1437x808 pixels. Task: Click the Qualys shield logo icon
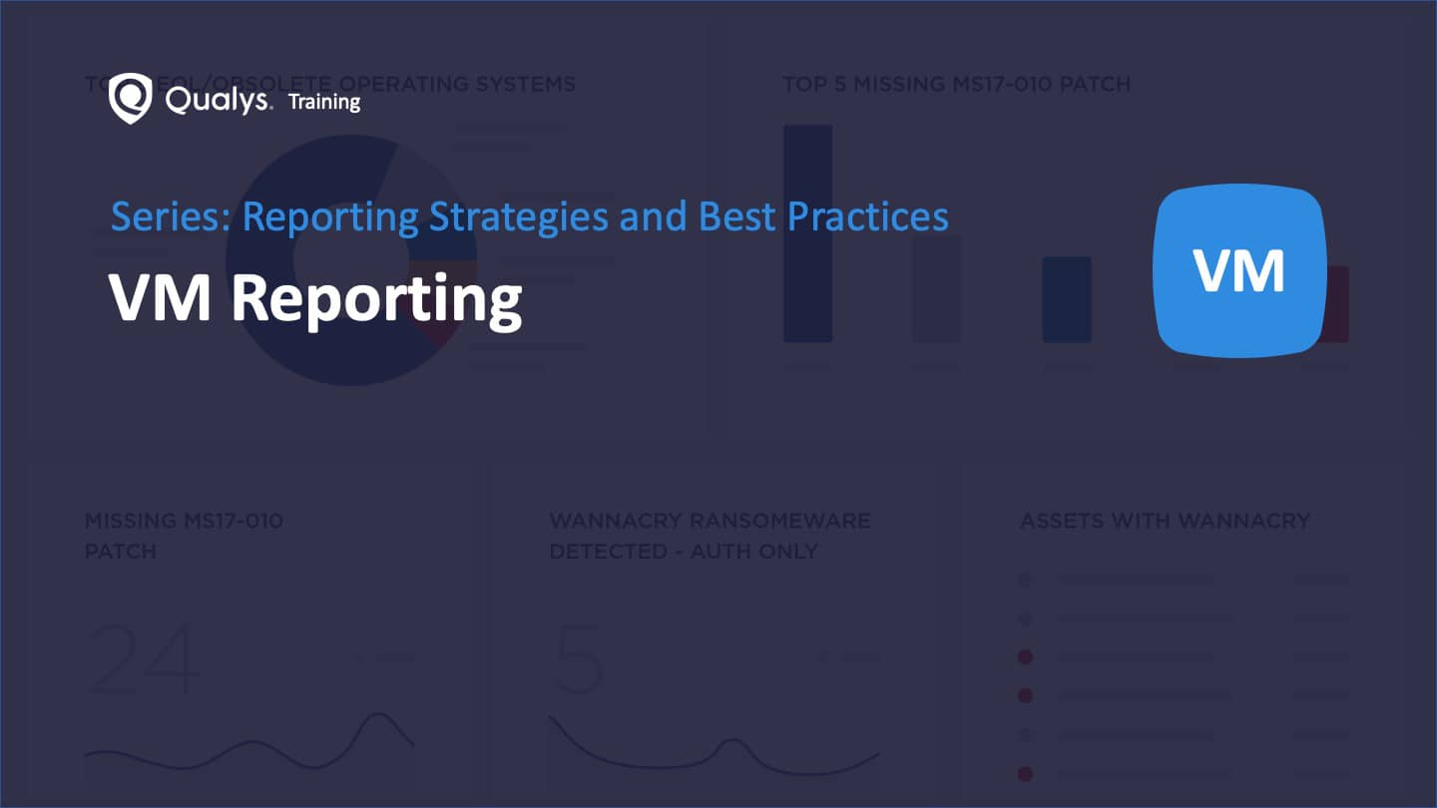click(x=130, y=97)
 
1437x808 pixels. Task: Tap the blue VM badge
click(x=1239, y=270)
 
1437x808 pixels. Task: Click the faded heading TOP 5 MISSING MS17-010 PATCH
click(x=956, y=84)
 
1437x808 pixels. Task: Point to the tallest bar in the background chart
click(x=808, y=233)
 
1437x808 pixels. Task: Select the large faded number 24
click(x=145, y=658)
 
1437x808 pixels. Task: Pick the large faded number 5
click(x=578, y=658)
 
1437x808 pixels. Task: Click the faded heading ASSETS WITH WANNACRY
click(x=1165, y=521)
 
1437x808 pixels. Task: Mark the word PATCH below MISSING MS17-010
click(x=121, y=551)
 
